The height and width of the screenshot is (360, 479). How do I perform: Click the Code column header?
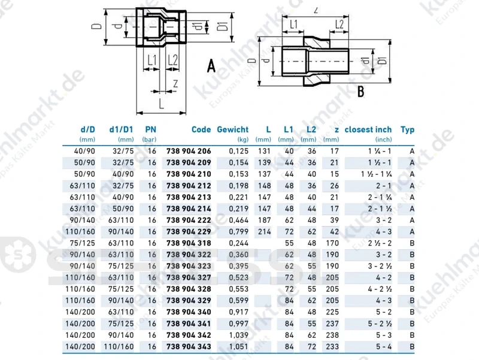pos(201,129)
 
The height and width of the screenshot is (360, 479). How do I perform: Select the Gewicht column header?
pos(232,129)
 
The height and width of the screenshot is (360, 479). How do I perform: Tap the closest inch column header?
pos(368,129)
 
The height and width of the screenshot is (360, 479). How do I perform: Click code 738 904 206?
pos(189,151)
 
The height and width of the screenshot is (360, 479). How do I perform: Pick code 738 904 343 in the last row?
pos(189,347)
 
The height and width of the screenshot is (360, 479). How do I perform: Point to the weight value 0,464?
pos(238,220)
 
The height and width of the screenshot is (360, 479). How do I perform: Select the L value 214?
pos(264,232)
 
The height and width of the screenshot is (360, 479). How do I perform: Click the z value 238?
pos(332,335)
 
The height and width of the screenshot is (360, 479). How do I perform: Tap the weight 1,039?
pos(238,335)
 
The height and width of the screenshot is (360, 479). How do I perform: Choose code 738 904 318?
pos(189,243)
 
